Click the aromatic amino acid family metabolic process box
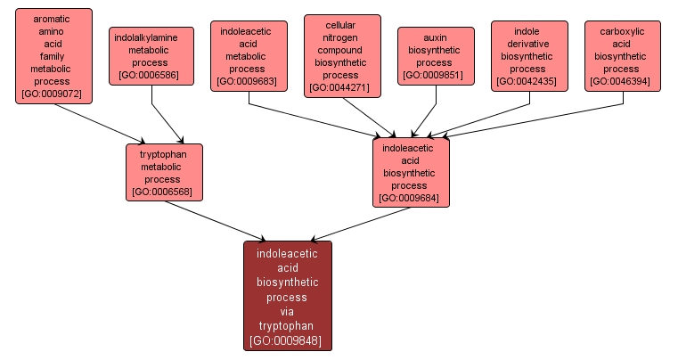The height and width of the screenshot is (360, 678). (x=53, y=55)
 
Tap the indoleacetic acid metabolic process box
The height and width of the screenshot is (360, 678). (x=249, y=55)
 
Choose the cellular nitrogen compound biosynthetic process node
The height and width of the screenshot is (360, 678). (x=342, y=55)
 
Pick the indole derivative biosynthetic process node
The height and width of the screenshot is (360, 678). (x=529, y=55)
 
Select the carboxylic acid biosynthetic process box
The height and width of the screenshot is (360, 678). (x=622, y=55)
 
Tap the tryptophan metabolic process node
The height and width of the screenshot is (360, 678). (x=164, y=172)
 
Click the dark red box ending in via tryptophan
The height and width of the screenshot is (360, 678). (x=287, y=296)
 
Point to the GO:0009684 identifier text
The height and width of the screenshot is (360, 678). (x=411, y=198)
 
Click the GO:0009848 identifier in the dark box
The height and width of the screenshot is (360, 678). (x=287, y=340)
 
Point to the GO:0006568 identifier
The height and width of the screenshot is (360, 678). (x=164, y=192)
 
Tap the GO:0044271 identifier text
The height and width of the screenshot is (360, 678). (x=342, y=87)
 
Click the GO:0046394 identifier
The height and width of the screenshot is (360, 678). (x=622, y=81)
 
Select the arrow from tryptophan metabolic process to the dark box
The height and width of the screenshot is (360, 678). (x=214, y=220)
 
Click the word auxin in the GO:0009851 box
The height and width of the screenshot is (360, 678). (x=436, y=38)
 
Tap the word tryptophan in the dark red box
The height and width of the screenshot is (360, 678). (x=287, y=326)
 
